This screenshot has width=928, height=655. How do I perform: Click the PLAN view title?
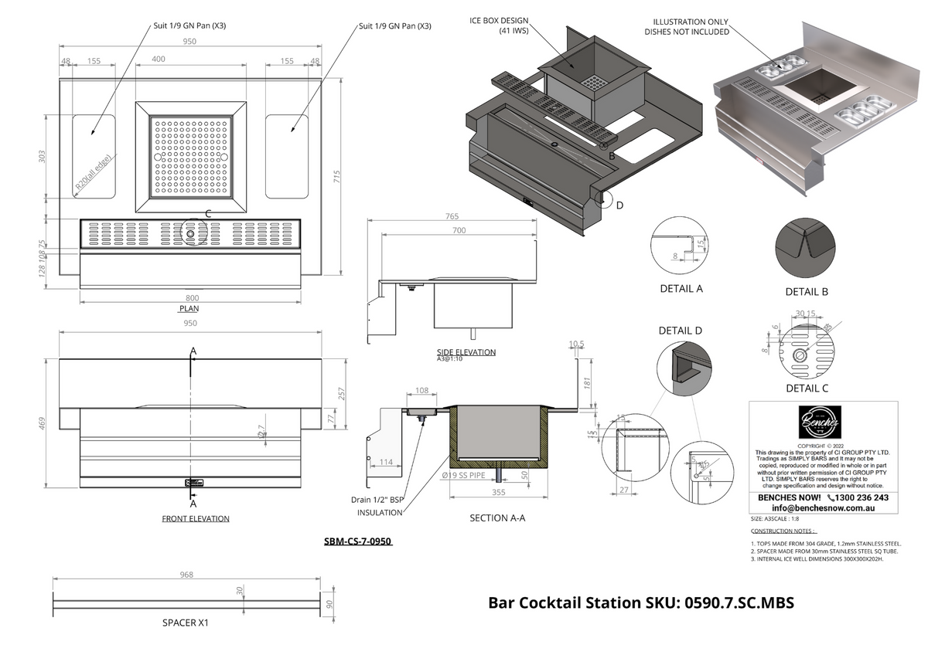[x=189, y=308]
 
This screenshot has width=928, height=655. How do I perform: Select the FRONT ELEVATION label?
[x=195, y=519]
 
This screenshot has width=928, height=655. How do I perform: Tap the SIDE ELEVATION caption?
[x=466, y=352]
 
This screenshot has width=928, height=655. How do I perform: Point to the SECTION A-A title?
[x=497, y=518]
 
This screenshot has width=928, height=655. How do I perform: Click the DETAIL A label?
[x=681, y=289]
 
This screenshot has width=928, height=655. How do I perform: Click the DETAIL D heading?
[x=681, y=331]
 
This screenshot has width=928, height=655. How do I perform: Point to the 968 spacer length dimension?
[x=186, y=575]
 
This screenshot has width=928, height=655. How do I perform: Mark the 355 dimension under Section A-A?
[x=497, y=492]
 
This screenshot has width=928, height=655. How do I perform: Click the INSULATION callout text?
[x=380, y=513]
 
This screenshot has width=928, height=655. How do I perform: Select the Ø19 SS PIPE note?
[x=463, y=476]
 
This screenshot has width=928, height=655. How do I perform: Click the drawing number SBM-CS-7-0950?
[x=358, y=542]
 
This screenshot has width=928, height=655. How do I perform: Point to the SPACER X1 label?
[x=186, y=623]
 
